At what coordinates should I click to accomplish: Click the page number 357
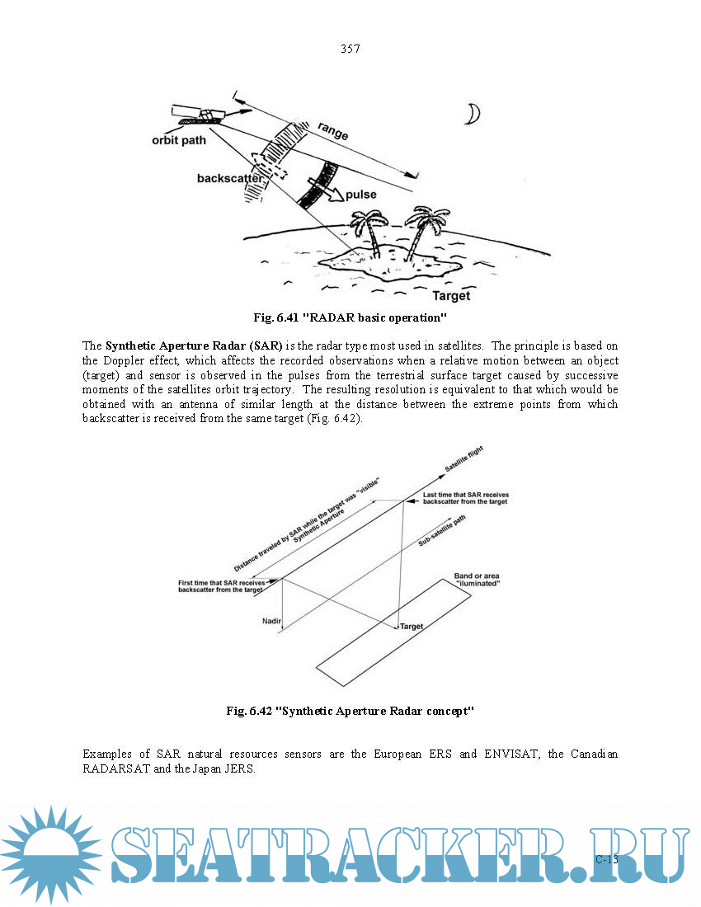click(x=350, y=49)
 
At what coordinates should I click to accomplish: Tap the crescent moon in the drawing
click(x=473, y=113)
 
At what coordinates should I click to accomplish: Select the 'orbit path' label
click(x=179, y=139)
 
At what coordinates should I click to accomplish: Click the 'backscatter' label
click(x=230, y=178)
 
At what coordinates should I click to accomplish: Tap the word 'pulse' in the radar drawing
click(x=361, y=195)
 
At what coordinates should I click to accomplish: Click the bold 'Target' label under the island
click(x=451, y=295)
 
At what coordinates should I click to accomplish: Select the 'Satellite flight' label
click(x=464, y=459)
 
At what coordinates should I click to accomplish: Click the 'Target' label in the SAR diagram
click(x=412, y=627)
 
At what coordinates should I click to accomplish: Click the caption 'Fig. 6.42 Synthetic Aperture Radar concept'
click(x=350, y=711)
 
